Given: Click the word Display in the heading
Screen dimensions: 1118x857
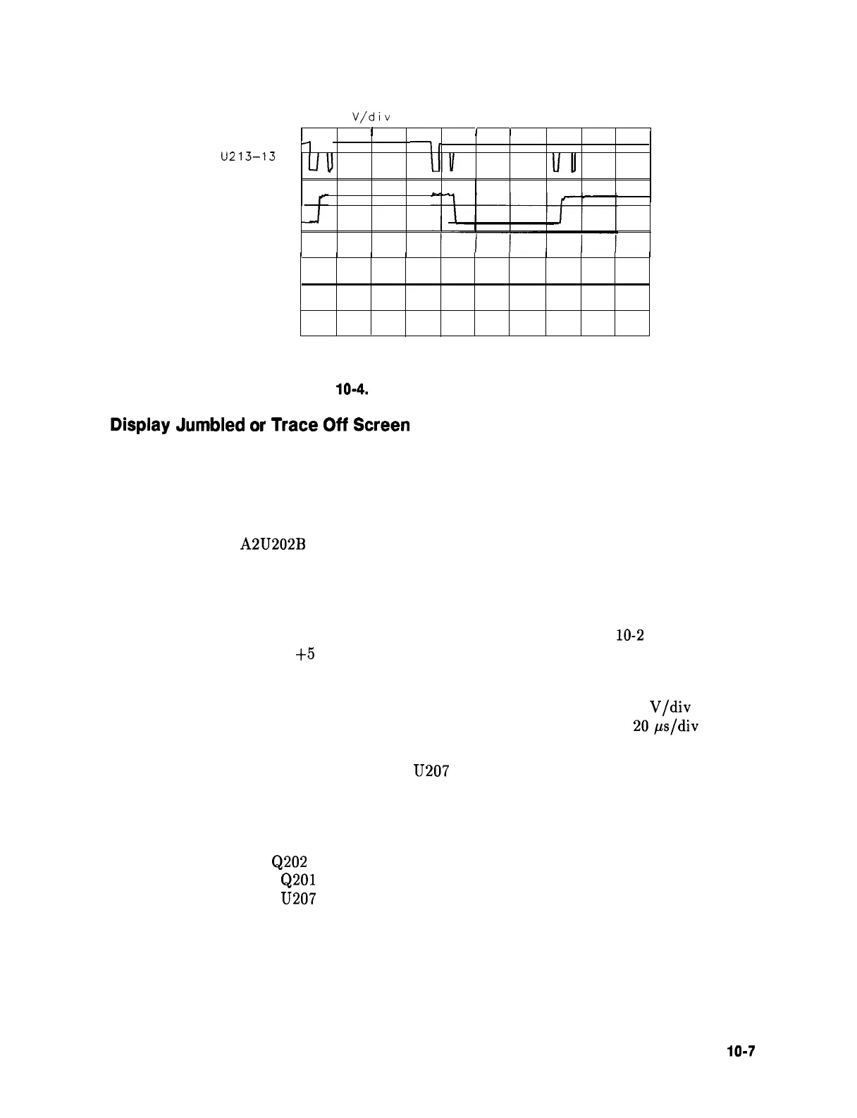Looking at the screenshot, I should (140, 426).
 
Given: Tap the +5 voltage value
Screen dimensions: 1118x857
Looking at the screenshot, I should (305, 654).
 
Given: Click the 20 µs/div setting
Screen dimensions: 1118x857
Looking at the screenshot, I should (666, 726).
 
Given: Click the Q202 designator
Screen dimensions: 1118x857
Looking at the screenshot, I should (289, 861).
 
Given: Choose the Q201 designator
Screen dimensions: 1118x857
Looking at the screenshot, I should (298, 880).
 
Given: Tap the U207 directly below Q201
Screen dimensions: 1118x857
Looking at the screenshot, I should (298, 899).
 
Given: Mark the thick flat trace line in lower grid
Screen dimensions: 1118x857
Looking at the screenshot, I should (475, 284).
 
